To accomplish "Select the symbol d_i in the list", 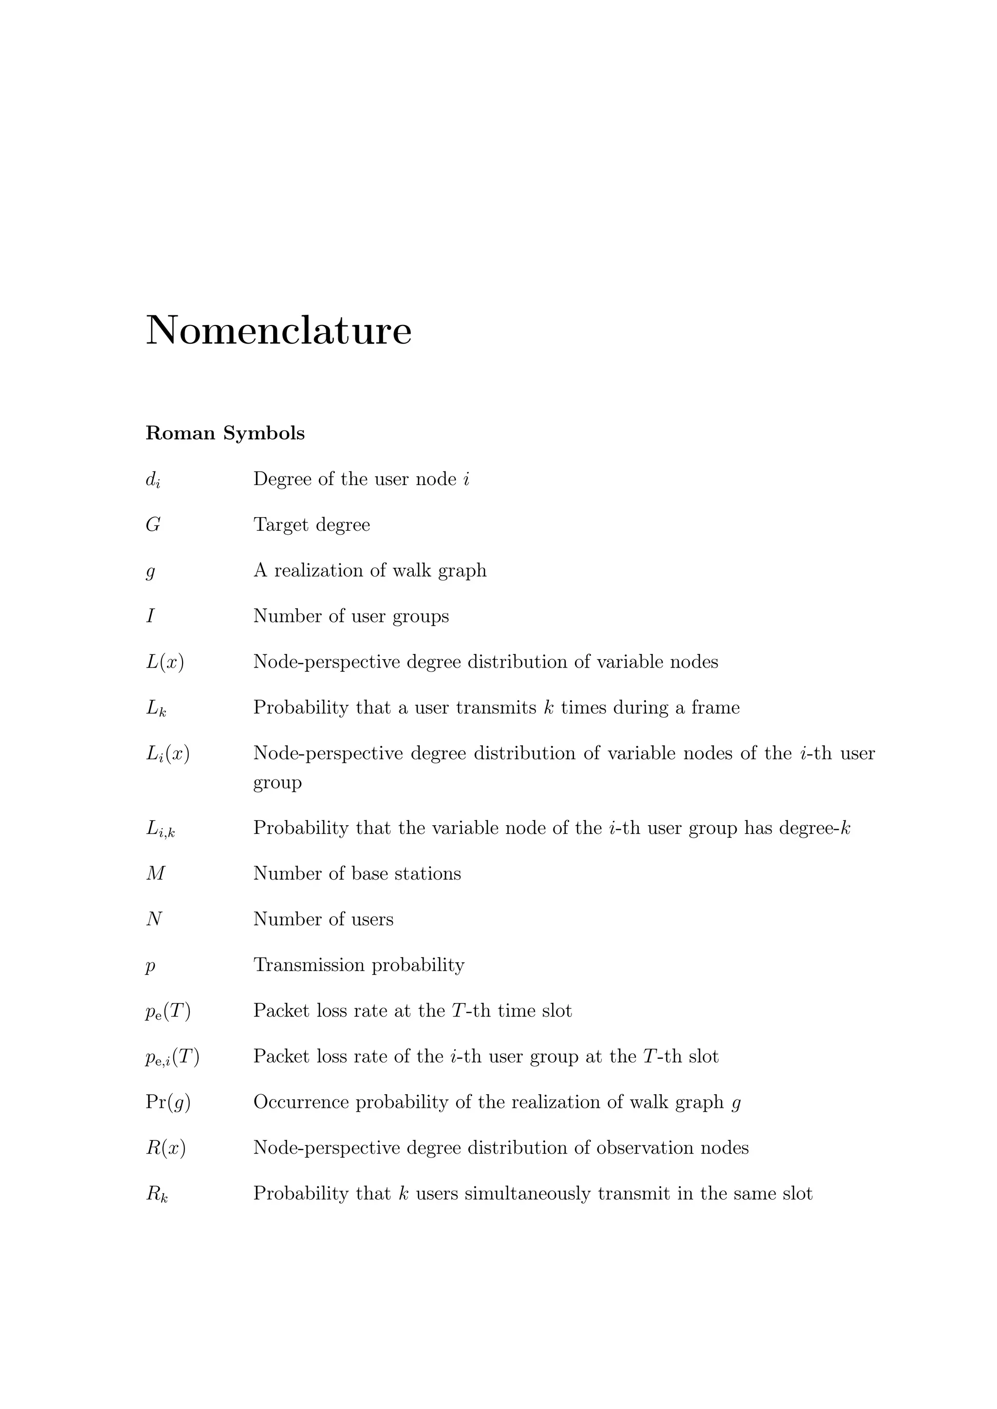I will (x=153, y=480).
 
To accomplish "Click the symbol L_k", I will (x=156, y=708).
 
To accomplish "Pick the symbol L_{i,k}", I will (x=160, y=829).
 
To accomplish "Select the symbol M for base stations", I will (x=155, y=873).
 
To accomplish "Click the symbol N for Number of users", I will (x=154, y=919).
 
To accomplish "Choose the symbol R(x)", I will (x=166, y=1148).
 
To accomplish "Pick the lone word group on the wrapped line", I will (x=277, y=783).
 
